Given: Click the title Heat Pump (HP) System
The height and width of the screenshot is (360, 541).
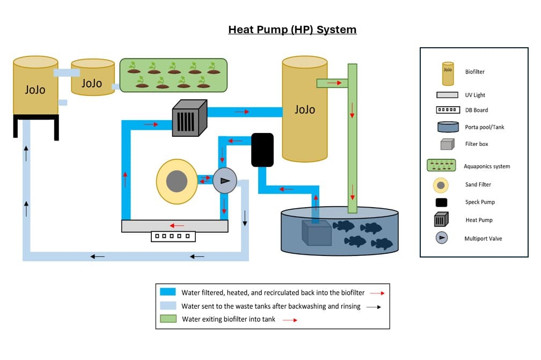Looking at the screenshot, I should click(x=292, y=30).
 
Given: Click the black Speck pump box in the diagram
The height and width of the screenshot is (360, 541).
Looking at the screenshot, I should click(x=262, y=149).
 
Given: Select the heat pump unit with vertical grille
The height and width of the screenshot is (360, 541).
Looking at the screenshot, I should click(x=189, y=119).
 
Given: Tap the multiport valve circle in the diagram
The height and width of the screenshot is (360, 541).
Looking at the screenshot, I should click(x=224, y=181).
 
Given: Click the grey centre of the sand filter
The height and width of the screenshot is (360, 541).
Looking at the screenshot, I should click(x=176, y=181).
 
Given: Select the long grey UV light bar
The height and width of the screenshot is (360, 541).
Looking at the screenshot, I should click(x=174, y=226).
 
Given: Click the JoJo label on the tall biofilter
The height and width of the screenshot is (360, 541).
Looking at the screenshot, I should click(x=304, y=109).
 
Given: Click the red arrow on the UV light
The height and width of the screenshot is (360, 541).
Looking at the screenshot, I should click(x=177, y=226).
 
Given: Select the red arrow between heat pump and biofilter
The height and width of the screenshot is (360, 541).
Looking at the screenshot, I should click(x=242, y=112).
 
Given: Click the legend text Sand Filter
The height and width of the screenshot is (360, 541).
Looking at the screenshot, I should click(x=478, y=185).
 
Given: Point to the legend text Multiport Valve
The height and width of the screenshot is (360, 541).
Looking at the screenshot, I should click(x=483, y=238).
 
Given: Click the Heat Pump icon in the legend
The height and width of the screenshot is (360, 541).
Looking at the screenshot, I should click(x=441, y=219).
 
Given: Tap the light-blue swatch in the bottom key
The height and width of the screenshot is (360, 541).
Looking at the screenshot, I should click(x=168, y=306).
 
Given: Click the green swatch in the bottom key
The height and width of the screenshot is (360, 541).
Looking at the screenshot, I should click(x=168, y=319).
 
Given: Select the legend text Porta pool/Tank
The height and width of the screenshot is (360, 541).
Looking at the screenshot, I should click(x=485, y=127).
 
